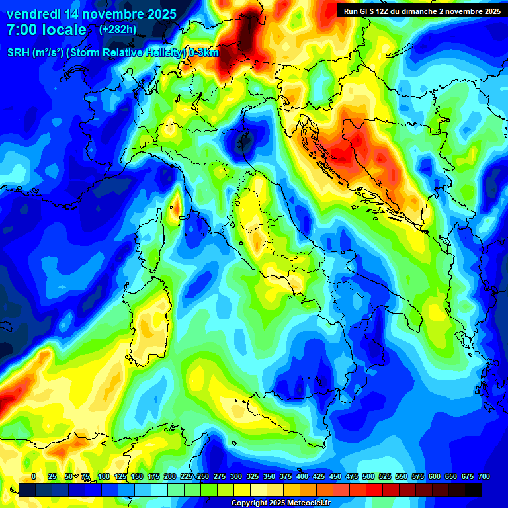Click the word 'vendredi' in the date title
coord(33,14)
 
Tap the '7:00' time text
coord(22,30)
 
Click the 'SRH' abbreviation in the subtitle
coord(19,53)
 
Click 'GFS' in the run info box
coord(370,11)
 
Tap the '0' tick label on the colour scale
coord(34,476)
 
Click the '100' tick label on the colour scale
coord(104,476)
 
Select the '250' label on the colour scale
coord(203,476)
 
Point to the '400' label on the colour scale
coord(302,476)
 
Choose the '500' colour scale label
coord(368,476)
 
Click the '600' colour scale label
coord(435,476)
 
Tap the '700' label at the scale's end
coord(484,476)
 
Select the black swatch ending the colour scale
coord(474,489)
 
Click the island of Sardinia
coord(148,324)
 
